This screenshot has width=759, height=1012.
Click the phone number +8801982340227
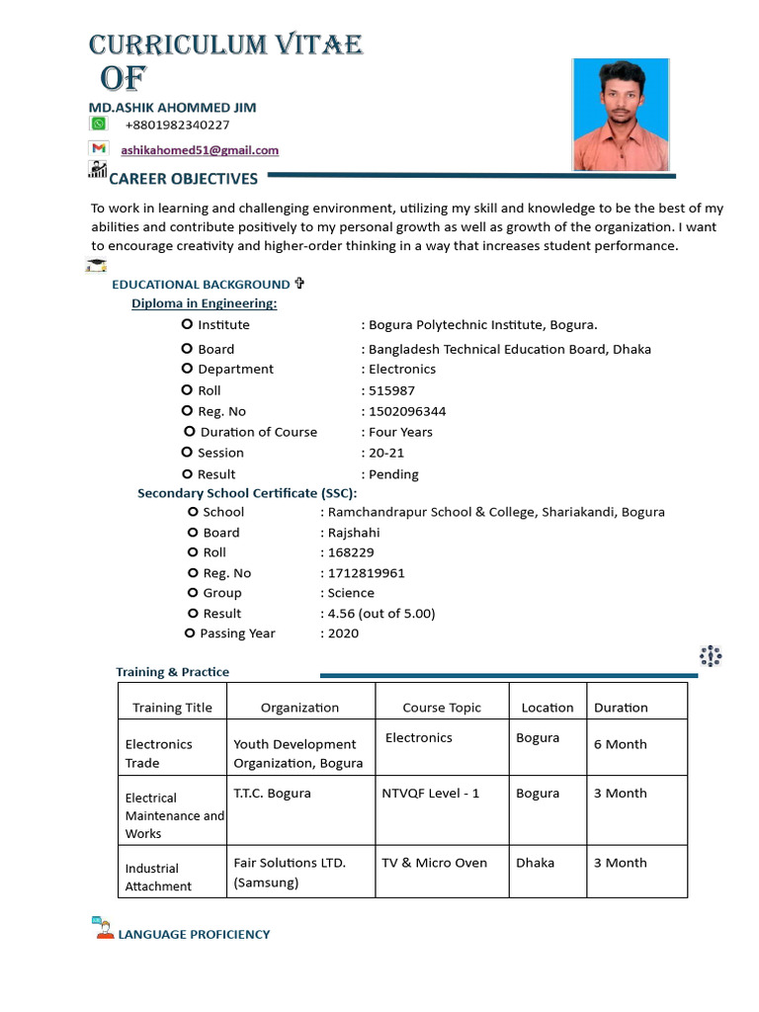(x=177, y=125)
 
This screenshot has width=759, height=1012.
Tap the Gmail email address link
(x=200, y=150)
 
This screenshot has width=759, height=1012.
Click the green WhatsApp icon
(x=98, y=124)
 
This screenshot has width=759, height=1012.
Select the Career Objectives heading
(x=183, y=179)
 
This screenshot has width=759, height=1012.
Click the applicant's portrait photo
(x=620, y=115)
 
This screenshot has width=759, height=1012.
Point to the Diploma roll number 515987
(x=391, y=390)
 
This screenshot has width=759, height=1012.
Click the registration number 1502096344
(x=406, y=411)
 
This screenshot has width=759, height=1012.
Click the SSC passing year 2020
(x=343, y=633)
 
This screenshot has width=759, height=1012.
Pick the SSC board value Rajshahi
(x=353, y=533)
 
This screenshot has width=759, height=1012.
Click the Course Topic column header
(x=442, y=708)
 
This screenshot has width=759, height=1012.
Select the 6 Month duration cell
(x=620, y=744)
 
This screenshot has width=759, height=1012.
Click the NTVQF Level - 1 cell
(x=431, y=793)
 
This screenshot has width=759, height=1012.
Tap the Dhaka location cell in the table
(x=535, y=863)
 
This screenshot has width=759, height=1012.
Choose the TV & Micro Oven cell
(x=435, y=863)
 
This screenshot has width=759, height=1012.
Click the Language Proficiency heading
(x=194, y=934)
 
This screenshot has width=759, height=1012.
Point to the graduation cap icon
(x=96, y=265)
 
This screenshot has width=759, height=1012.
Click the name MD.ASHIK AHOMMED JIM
(x=173, y=106)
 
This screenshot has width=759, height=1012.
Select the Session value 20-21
(x=386, y=453)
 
